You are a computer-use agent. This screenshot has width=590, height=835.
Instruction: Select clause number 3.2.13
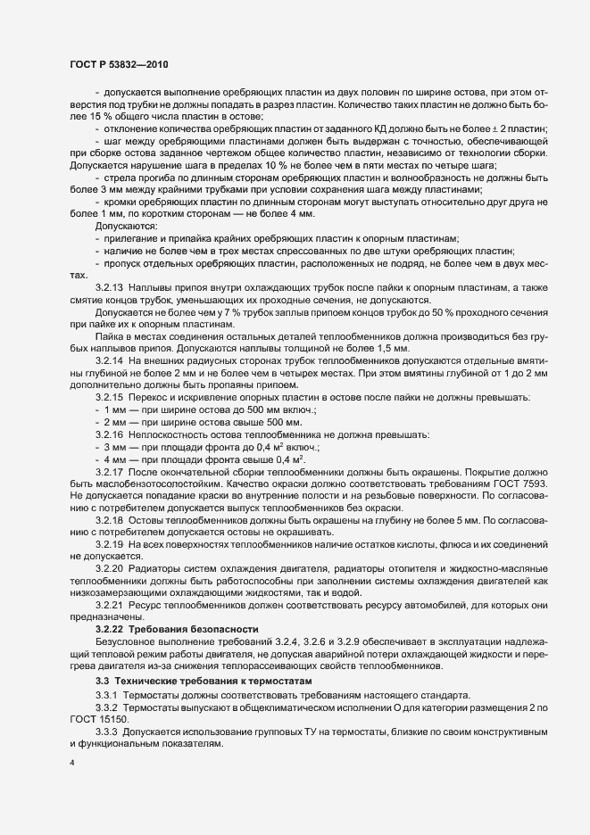[x=110, y=290]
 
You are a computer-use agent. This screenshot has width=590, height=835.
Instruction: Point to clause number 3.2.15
[x=110, y=395]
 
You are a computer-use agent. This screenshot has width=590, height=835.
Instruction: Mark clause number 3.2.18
[x=110, y=519]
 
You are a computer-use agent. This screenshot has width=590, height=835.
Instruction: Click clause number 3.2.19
[x=110, y=543]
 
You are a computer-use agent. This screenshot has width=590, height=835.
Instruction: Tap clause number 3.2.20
[x=110, y=567]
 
